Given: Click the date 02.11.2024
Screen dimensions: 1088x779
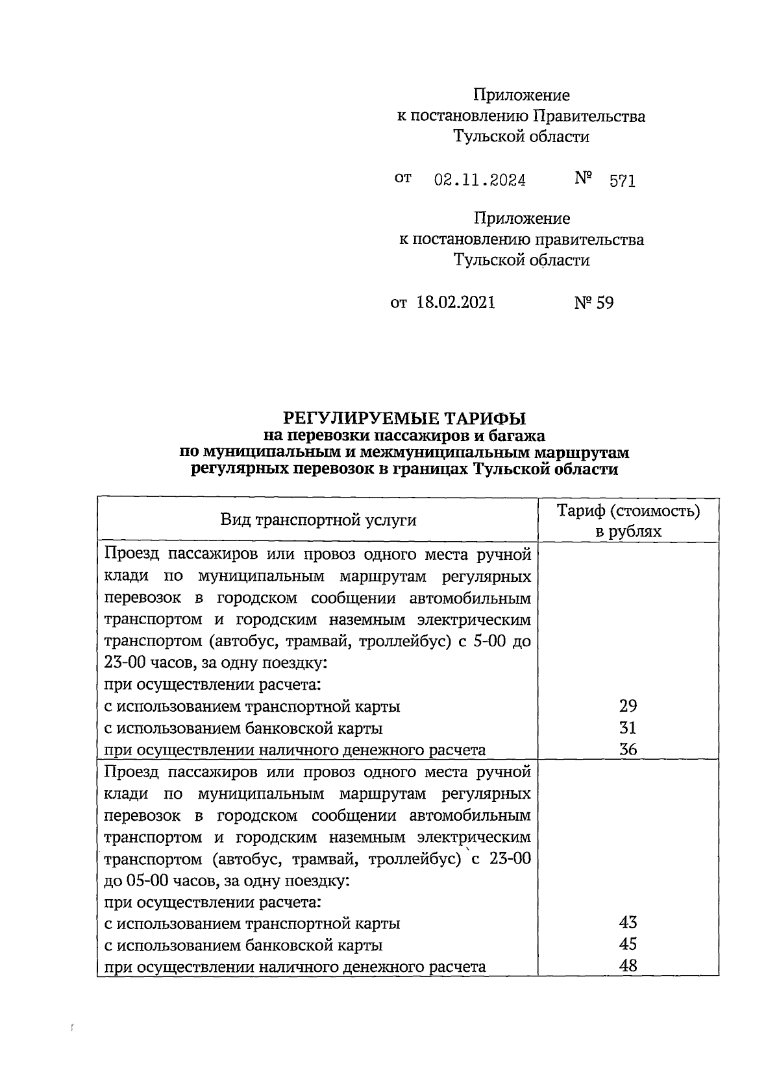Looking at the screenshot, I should [480, 180].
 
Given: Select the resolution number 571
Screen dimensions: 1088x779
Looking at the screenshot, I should [622, 181].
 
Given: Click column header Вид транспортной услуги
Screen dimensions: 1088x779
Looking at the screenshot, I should [318, 520].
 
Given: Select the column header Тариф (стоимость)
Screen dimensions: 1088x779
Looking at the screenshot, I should [628, 511].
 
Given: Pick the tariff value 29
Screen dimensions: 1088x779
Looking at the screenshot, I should [628, 706].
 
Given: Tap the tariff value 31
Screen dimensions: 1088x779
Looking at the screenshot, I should [628, 727].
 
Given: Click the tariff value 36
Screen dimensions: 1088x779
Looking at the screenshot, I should [628, 749].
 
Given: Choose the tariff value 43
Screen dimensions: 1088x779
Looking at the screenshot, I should [628, 923].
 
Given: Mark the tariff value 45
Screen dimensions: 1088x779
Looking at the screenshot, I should [628, 944].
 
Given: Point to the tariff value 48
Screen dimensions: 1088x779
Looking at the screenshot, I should [628, 966].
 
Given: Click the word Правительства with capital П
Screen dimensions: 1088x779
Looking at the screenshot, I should [589, 116].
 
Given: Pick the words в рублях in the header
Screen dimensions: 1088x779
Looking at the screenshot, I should [628, 532].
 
